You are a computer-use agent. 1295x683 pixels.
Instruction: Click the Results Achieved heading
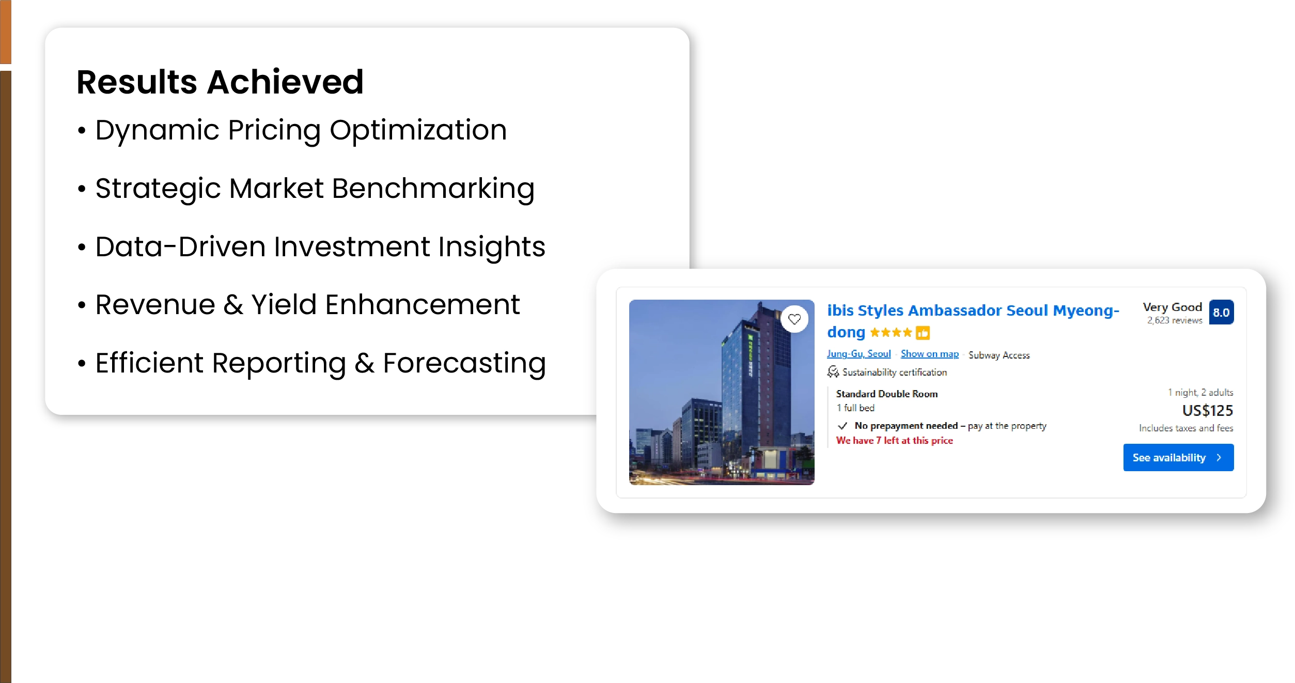click(x=220, y=82)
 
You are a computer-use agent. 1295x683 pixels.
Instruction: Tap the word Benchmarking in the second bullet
click(x=433, y=189)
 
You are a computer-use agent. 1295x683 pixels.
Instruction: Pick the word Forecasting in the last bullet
click(x=464, y=363)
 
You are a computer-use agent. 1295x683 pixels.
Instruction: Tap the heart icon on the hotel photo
click(x=794, y=319)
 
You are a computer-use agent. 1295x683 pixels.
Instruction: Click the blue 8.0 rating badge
click(x=1221, y=312)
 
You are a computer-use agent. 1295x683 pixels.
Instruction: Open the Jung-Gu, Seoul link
click(x=859, y=354)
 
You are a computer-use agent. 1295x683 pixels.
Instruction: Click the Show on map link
click(x=929, y=354)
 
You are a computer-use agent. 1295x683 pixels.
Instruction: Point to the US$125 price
click(x=1207, y=410)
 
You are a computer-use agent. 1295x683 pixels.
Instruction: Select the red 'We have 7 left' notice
click(x=894, y=440)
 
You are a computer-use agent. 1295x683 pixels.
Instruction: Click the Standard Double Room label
click(x=886, y=394)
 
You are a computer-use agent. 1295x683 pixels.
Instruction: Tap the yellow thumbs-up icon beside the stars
click(x=923, y=333)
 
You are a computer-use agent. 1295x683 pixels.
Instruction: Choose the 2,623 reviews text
click(x=1175, y=320)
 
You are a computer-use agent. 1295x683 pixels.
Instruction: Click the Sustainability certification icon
click(x=833, y=372)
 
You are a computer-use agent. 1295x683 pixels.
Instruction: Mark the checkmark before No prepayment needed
click(x=842, y=426)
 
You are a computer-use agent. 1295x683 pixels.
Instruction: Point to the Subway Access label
click(x=999, y=355)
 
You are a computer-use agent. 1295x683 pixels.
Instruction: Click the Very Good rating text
click(x=1172, y=307)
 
